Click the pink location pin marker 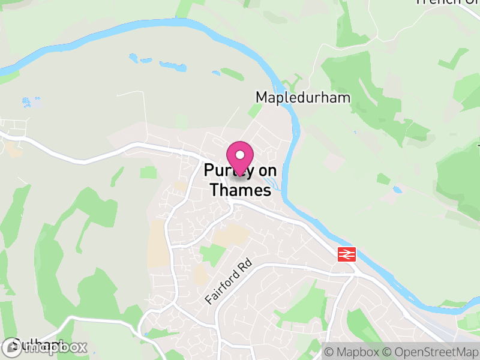tap(240, 158)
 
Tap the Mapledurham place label tap(302, 97)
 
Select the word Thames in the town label tap(239, 191)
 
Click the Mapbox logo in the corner tap(45, 347)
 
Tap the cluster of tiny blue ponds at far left tap(30, 102)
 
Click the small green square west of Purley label tap(148, 173)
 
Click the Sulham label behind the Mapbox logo tap(30, 344)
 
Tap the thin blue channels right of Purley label tap(271, 178)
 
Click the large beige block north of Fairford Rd tap(231, 235)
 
